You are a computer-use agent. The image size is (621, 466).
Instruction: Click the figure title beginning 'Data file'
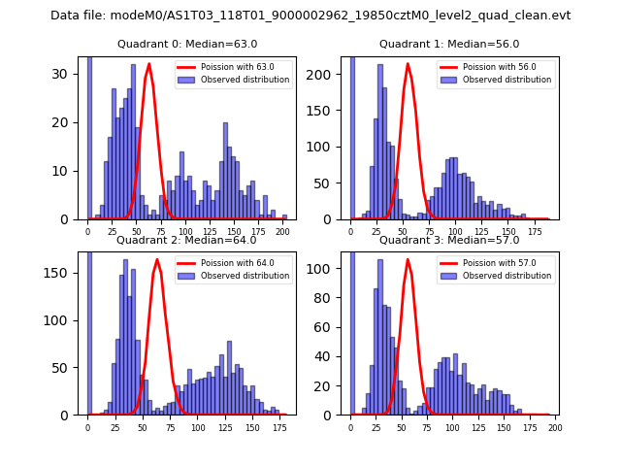pos(310,16)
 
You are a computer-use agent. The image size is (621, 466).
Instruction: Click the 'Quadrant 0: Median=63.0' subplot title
pos(187,44)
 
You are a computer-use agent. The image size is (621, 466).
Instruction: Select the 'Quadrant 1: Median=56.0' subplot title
pos(449,44)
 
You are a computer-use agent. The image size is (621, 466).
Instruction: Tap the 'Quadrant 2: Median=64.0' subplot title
pos(187,240)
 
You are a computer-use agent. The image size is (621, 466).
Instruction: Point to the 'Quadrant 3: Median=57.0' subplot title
pos(449,240)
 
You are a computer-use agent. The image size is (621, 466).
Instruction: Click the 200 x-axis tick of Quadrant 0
pos(282,232)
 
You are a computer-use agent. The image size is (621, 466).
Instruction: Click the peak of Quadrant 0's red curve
pos(149,64)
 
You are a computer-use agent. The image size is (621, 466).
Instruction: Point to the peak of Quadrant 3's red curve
pos(409,259)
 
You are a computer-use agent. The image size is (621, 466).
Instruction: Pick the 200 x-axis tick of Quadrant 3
pos(555,427)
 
